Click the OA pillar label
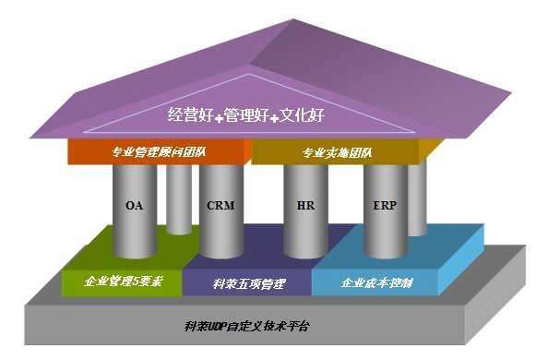pos(134,205)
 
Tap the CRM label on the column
pos(220,205)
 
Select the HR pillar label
pos(304,205)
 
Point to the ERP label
pos(386,205)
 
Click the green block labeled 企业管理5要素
pos(123,281)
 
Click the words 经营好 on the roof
pos(189,116)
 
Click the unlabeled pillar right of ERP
pos(417,198)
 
